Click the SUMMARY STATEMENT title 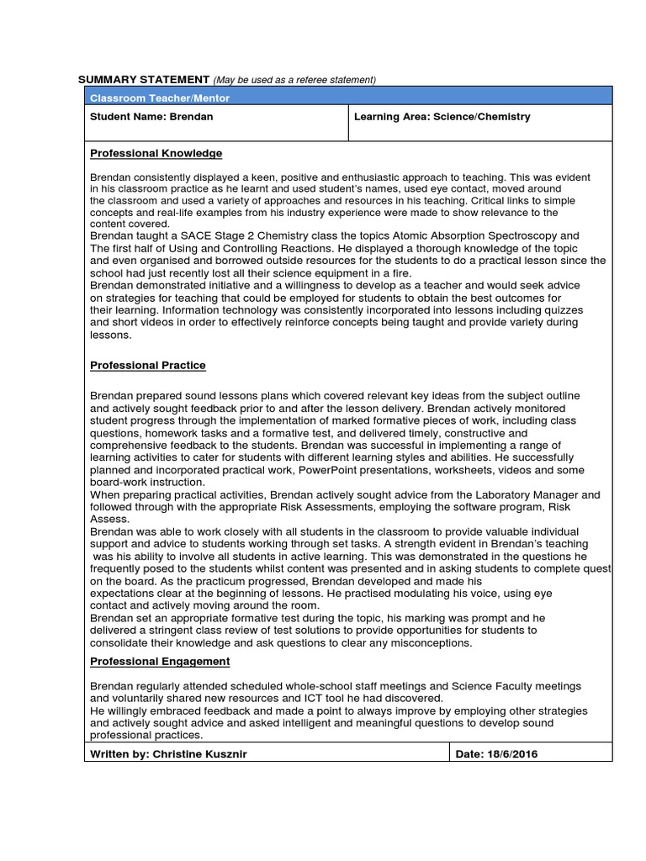(x=144, y=79)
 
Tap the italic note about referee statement (x=294, y=80)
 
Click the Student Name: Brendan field (x=152, y=117)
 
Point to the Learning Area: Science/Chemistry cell (x=442, y=117)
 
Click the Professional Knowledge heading (x=156, y=154)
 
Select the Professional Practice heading (x=148, y=366)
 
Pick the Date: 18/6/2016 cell (x=496, y=754)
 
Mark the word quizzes (x=563, y=309)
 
